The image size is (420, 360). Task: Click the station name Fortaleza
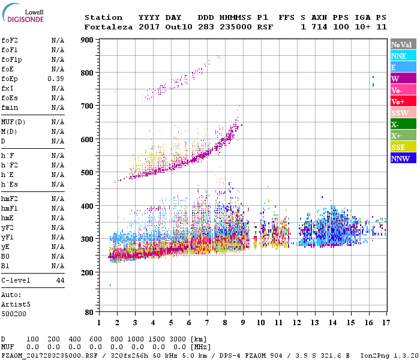click(x=109, y=27)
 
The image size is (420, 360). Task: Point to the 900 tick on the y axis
click(x=87, y=40)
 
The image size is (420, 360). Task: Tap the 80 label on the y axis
click(x=89, y=313)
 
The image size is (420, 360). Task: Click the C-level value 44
click(x=60, y=280)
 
